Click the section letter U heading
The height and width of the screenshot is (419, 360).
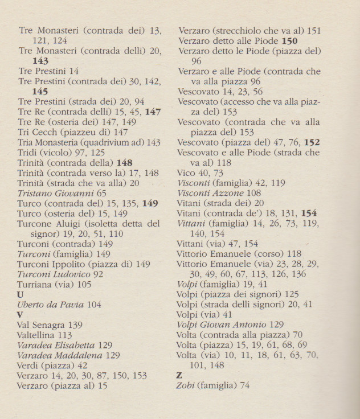click(x=21, y=294)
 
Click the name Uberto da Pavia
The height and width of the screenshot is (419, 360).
click(x=51, y=305)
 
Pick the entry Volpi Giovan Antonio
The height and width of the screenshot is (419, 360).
click(x=222, y=324)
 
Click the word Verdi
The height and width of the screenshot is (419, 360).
click(x=30, y=365)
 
